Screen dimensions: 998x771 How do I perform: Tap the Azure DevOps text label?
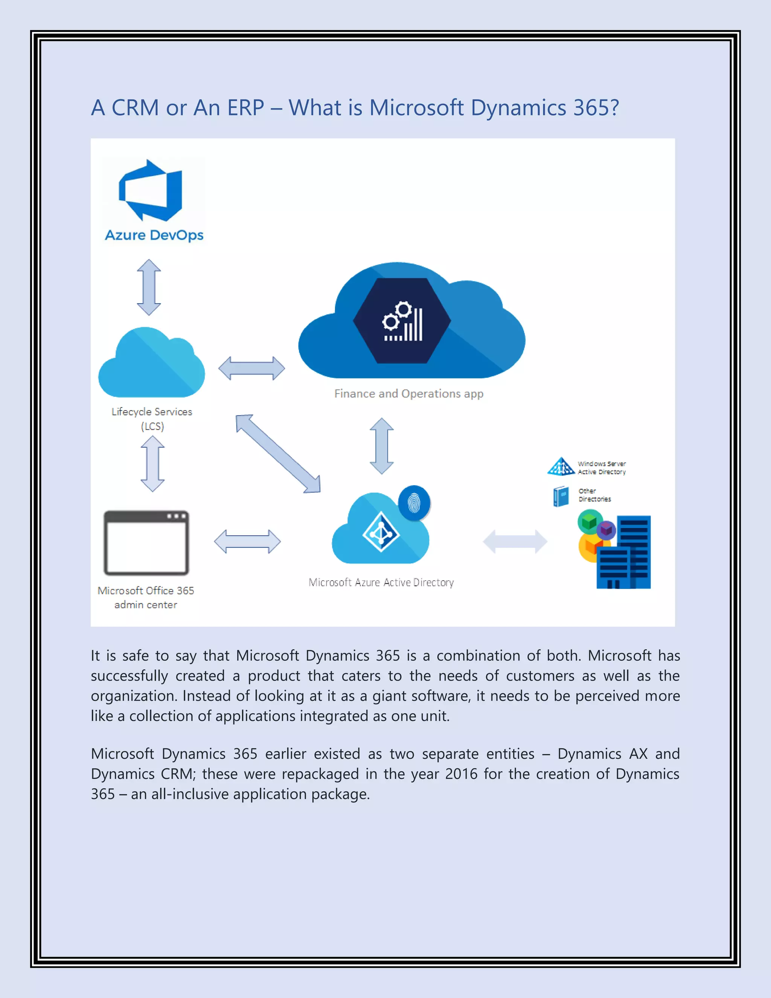pyautogui.click(x=154, y=235)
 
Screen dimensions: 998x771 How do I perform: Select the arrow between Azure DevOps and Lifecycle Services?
pyautogui.click(x=149, y=287)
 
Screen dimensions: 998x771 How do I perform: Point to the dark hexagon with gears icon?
pyautogui.click(x=402, y=321)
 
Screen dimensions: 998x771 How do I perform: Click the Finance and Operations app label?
pyautogui.click(x=408, y=394)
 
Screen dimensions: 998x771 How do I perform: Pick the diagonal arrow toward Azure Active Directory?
pyautogui.click(x=278, y=454)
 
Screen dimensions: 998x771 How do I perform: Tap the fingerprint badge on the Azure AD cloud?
pyautogui.click(x=414, y=503)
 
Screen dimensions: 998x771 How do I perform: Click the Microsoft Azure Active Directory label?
pyautogui.click(x=381, y=582)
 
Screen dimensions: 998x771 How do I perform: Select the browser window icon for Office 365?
pyautogui.click(x=146, y=543)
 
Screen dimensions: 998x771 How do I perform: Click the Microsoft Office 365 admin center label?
pyautogui.click(x=146, y=597)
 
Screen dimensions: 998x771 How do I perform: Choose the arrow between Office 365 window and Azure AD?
pyautogui.click(x=247, y=542)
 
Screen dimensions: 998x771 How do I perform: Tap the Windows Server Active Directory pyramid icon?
pyautogui.click(x=561, y=467)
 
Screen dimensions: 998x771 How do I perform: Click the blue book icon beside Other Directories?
pyautogui.click(x=561, y=496)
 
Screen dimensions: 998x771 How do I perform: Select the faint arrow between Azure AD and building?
pyautogui.click(x=515, y=542)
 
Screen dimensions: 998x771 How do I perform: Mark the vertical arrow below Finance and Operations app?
pyautogui.click(x=381, y=446)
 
